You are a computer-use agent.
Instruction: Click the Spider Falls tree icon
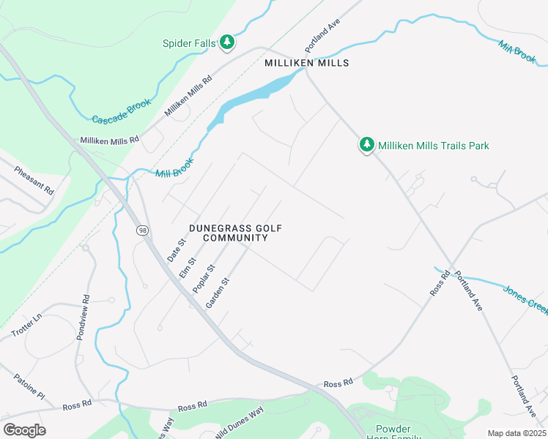point(227,42)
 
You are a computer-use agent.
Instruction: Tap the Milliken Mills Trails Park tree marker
point(366,145)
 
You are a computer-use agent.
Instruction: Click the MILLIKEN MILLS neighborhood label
point(306,64)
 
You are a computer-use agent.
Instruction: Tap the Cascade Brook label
point(121,110)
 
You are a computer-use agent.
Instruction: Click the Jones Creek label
point(525,300)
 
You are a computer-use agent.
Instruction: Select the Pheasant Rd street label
point(34,180)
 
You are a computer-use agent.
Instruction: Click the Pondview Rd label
point(83,318)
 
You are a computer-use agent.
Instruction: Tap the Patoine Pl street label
point(29,386)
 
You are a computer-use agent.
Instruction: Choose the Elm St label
point(188,267)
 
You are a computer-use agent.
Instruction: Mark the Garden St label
point(218,290)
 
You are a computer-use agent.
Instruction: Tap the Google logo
point(24,429)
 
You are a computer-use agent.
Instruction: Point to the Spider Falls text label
point(189,43)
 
